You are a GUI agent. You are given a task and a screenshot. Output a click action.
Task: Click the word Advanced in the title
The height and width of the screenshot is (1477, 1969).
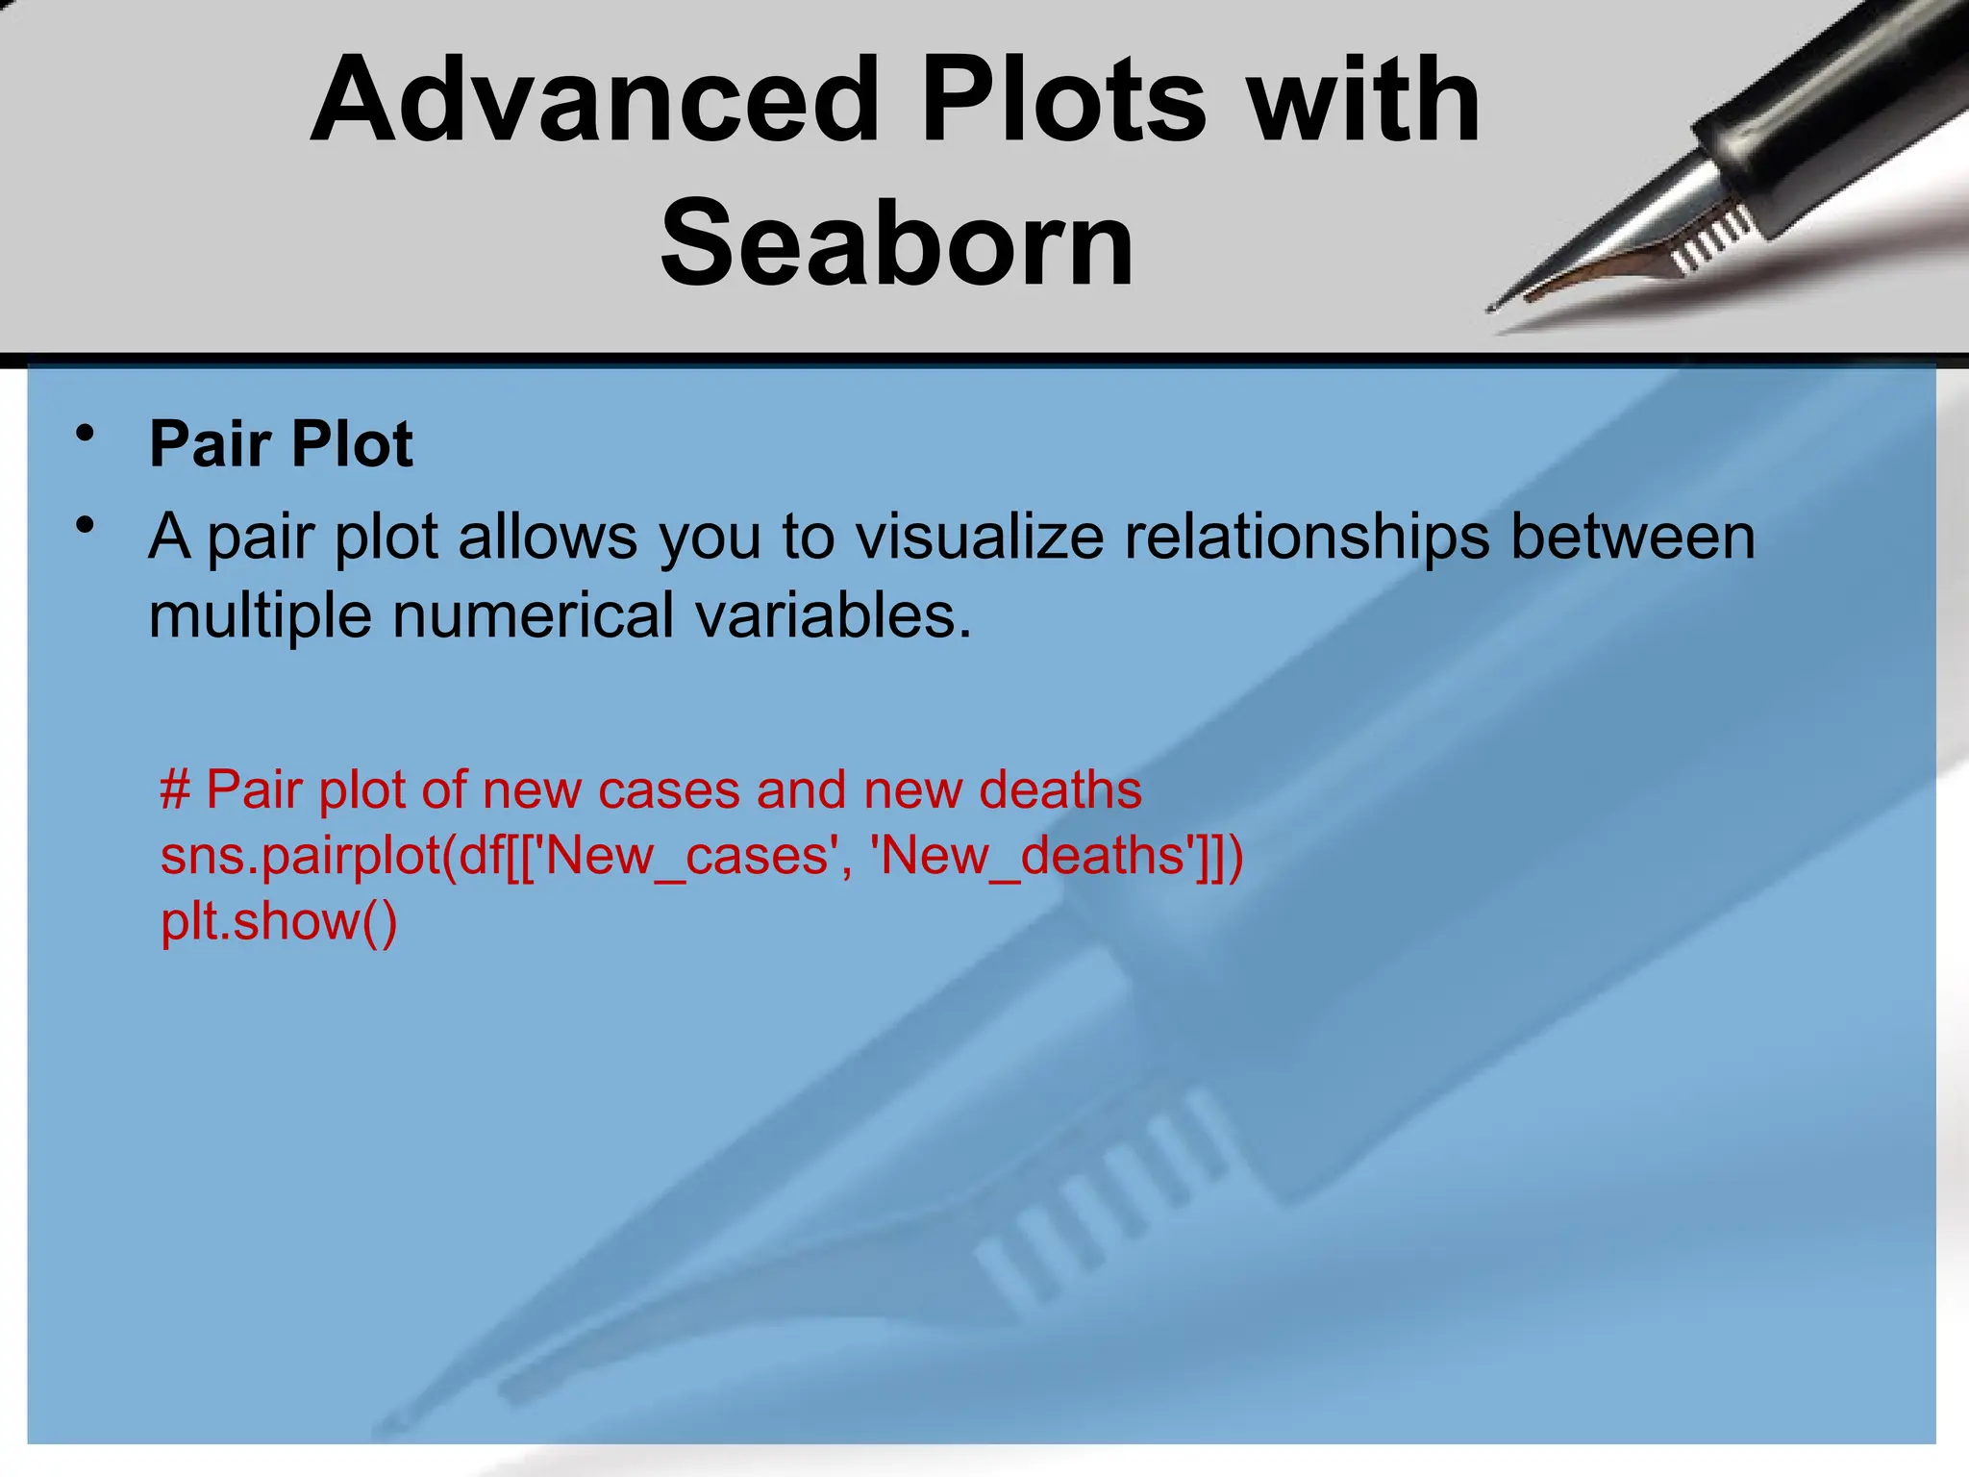(x=594, y=101)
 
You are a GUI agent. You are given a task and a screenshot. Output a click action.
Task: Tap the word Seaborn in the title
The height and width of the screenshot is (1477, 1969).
(x=897, y=243)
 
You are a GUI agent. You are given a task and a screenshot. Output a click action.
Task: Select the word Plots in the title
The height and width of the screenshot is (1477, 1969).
(x=1064, y=101)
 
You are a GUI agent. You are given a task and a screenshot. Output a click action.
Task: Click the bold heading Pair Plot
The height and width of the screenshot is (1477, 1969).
(x=281, y=444)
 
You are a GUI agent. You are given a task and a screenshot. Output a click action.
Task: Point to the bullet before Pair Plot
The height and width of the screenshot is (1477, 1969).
(x=87, y=434)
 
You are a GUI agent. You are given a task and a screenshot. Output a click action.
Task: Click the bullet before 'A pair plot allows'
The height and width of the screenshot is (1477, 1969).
(x=87, y=526)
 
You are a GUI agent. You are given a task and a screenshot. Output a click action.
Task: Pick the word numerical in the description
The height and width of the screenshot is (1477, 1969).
(x=534, y=615)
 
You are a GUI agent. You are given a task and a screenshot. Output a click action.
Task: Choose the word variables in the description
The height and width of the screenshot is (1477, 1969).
(x=833, y=615)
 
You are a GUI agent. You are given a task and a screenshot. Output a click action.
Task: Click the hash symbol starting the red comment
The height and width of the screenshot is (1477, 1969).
(x=174, y=790)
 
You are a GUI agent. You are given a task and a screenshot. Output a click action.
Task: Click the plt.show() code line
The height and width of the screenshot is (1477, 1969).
(x=279, y=921)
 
